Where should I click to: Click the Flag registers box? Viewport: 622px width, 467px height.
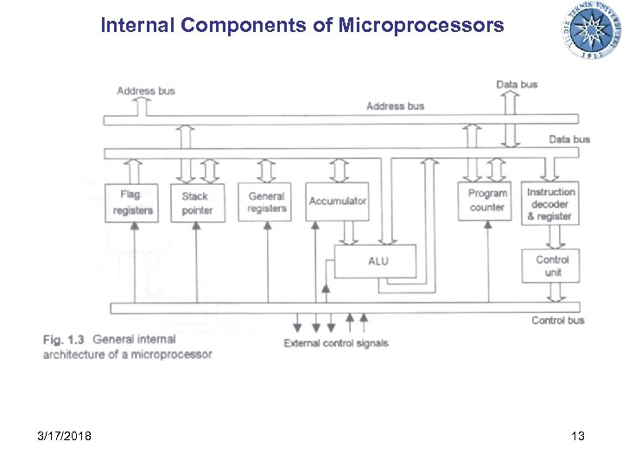(131, 202)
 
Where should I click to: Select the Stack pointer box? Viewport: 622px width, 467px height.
(196, 202)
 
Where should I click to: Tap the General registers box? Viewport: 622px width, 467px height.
(266, 202)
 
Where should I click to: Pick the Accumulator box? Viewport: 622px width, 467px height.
(338, 202)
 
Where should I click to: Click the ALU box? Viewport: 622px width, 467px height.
(377, 261)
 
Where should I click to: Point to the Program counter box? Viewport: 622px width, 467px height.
(487, 201)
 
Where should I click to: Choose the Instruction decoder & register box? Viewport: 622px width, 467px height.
(551, 204)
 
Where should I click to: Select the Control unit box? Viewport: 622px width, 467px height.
(551, 265)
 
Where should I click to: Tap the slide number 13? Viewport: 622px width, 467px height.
(577, 436)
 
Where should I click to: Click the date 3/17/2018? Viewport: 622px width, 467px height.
(65, 436)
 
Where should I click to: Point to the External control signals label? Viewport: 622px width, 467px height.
(336, 343)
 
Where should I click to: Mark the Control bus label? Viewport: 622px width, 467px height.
(558, 321)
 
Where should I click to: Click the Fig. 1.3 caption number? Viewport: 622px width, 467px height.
(64, 340)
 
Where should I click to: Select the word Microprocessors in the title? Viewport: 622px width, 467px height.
(422, 26)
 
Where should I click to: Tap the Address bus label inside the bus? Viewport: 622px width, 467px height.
(395, 106)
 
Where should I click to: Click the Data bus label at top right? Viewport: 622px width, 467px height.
(517, 84)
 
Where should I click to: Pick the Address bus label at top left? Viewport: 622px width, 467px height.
(145, 91)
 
